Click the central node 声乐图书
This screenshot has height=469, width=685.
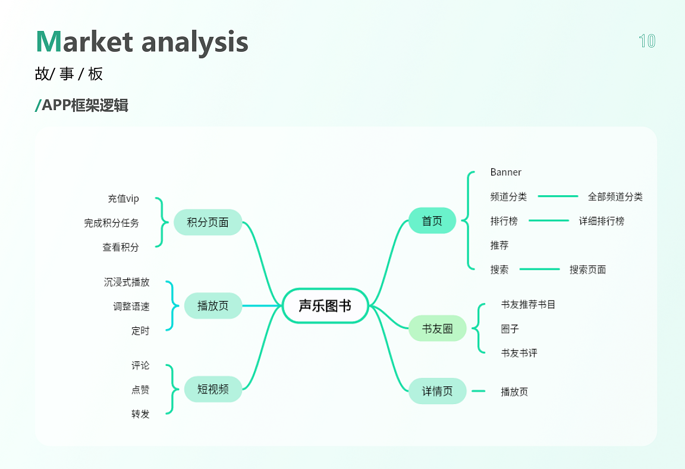pyautogui.click(x=325, y=305)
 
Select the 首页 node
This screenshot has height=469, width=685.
pyautogui.click(x=432, y=221)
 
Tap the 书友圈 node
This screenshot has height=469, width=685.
pyautogui.click(x=437, y=329)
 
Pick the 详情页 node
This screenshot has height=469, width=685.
pyautogui.click(x=437, y=391)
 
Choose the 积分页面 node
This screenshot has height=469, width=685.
pyautogui.click(x=208, y=222)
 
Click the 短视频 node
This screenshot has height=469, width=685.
pyautogui.click(x=213, y=389)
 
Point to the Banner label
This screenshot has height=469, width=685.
pyautogui.click(x=506, y=172)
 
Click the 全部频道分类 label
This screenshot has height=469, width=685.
pyautogui.click(x=615, y=196)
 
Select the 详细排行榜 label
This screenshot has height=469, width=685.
pyautogui.click(x=602, y=221)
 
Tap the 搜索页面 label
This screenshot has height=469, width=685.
pyautogui.click(x=587, y=270)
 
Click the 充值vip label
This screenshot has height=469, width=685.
pyautogui.click(x=124, y=199)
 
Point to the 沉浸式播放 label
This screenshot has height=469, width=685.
pyautogui.click(x=127, y=282)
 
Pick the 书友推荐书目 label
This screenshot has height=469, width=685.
pyautogui.click(x=528, y=304)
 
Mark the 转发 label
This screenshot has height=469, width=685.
pyautogui.click(x=140, y=414)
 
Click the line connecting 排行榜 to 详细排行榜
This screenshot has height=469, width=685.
pyautogui.click(x=549, y=221)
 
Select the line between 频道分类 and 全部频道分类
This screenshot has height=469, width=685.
pyautogui.click(x=558, y=196)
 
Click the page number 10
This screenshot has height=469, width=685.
pyautogui.click(x=647, y=41)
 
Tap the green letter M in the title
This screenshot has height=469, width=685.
pyautogui.click(x=49, y=42)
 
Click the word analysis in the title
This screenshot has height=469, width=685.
pyautogui.click(x=195, y=42)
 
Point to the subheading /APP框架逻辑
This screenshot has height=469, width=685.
pyautogui.click(x=81, y=105)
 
